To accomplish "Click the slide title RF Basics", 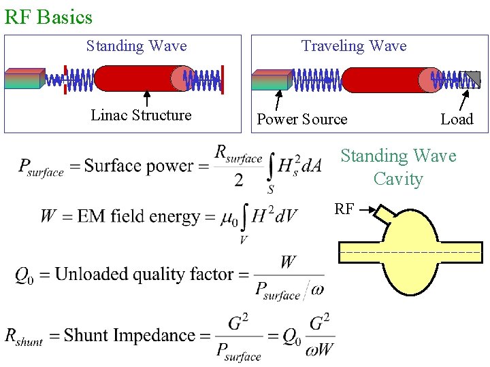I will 48,16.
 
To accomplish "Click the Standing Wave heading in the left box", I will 136,46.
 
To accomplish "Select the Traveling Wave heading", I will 354,46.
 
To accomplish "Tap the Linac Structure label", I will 141,116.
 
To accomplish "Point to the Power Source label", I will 301,120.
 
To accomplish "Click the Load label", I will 456,120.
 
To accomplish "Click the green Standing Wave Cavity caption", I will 398,167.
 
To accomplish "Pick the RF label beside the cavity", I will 344,209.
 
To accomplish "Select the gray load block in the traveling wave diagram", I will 470,80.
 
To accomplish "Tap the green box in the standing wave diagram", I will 24,79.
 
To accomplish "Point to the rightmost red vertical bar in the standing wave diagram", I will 223,78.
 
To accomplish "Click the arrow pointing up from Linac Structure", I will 146,98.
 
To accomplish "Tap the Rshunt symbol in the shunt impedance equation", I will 24,336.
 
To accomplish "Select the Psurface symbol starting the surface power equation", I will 41,167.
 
